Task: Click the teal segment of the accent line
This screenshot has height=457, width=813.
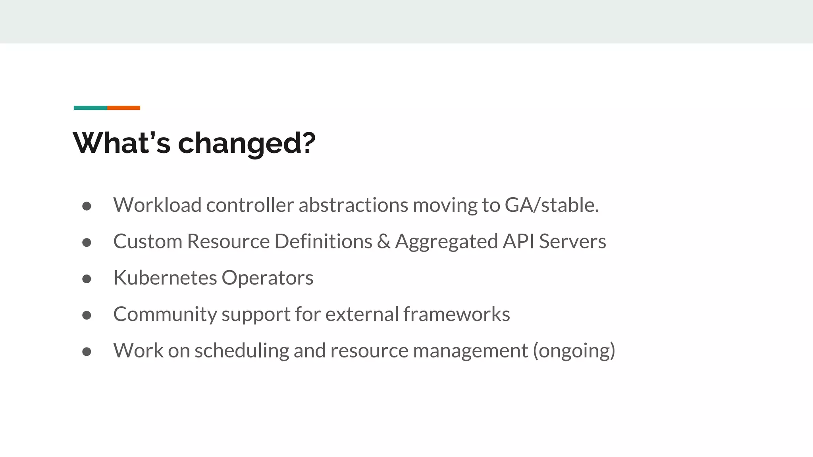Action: point(90,108)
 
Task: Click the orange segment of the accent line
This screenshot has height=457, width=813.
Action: point(123,108)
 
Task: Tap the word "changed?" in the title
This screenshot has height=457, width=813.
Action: point(247,144)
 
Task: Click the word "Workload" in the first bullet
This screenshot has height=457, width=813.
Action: point(157,205)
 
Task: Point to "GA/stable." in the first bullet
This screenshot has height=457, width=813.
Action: point(551,205)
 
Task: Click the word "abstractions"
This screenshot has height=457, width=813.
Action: point(353,205)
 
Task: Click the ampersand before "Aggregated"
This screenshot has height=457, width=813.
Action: point(383,242)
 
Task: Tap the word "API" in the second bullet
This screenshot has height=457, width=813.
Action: point(518,242)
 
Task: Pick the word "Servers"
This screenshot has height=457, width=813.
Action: point(572,242)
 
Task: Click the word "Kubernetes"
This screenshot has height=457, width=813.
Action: point(165,278)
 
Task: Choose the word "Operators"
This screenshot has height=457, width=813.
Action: point(267,278)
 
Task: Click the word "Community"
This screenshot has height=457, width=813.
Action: point(165,315)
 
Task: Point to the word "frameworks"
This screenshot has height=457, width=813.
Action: point(457,315)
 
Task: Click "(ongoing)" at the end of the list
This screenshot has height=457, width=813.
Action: point(574,351)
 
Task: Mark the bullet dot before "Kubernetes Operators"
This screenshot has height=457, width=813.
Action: point(87,279)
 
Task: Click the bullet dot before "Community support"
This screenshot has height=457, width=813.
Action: point(87,315)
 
